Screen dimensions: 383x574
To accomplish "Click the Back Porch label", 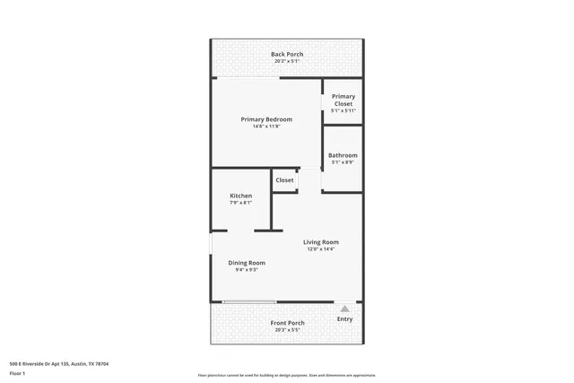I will [x=287, y=55].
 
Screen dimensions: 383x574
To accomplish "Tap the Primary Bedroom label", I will [x=265, y=119].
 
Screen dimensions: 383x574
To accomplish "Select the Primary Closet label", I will [x=344, y=100].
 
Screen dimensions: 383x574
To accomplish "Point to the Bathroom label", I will [x=343, y=155].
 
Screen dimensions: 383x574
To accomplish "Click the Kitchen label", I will [x=240, y=196].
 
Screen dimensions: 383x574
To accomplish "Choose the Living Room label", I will [x=320, y=242].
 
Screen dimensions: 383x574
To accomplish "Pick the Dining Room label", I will [x=247, y=263].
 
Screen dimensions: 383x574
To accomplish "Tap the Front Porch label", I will [x=288, y=323].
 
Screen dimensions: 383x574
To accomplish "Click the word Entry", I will [x=345, y=319].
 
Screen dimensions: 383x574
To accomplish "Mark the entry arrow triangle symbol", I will [x=345, y=309].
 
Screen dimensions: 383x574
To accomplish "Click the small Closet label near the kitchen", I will [x=284, y=180].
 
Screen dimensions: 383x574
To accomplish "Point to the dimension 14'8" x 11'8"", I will [x=265, y=126].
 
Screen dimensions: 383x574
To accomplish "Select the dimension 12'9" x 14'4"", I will [x=320, y=249].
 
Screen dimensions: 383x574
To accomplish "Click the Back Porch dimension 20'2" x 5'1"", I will [x=287, y=62].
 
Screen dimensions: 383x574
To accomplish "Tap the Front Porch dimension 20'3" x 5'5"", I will [x=288, y=330].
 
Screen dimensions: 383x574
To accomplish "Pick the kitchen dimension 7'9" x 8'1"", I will [x=240, y=203].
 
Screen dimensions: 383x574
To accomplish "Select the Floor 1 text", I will [x=17, y=373].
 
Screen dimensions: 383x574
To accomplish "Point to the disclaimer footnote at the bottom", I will [x=287, y=376].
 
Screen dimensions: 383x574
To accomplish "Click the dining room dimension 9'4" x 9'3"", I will [x=247, y=270].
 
